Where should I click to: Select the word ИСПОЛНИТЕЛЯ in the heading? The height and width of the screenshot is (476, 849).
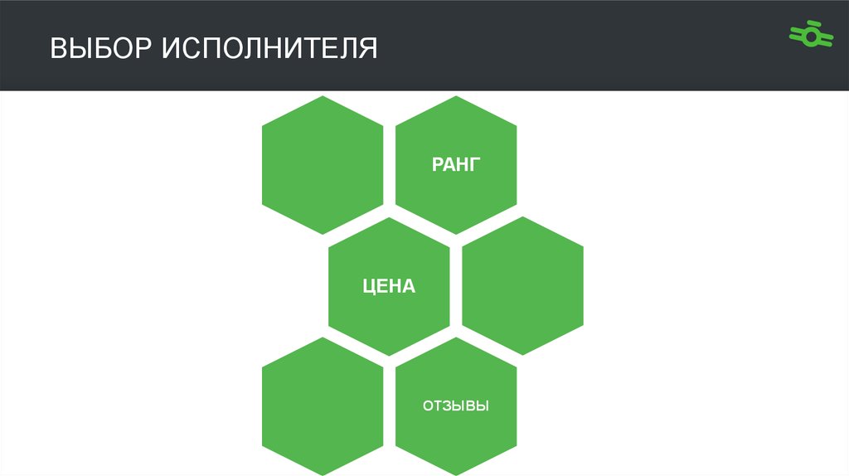[x=269, y=47]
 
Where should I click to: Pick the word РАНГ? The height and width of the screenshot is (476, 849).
[x=456, y=165]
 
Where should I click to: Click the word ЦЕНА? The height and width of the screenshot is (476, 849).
[x=389, y=287]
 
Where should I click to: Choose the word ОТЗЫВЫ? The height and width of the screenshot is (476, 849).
[x=456, y=407]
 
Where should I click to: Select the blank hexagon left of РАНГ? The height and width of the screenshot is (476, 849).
[x=323, y=165]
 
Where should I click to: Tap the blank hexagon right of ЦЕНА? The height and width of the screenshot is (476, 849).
[x=522, y=286]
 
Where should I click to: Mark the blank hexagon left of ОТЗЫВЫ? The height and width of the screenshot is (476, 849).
[x=323, y=407]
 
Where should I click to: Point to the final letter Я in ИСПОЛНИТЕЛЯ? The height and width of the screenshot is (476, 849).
[x=368, y=47]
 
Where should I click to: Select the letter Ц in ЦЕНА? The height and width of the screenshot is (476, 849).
[x=370, y=287]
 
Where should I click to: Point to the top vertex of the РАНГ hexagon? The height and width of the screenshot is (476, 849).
[x=456, y=96]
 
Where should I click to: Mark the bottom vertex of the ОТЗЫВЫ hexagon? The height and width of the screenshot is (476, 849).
[x=456, y=475]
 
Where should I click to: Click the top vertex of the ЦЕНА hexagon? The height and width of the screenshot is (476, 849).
[x=389, y=217]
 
